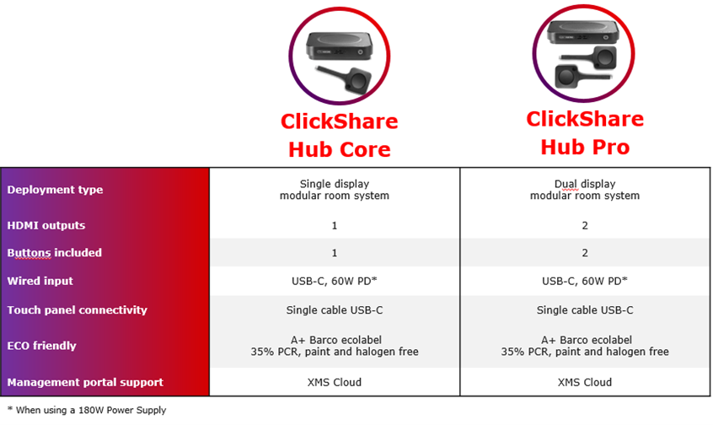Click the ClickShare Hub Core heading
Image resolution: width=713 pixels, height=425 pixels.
(339, 135)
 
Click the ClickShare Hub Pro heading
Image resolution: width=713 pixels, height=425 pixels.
(585, 133)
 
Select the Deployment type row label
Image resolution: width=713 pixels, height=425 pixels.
(55, 190)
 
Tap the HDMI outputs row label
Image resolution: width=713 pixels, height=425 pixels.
(46, 225)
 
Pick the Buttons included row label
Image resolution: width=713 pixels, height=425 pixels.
(55, 252)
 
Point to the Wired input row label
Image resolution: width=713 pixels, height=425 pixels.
(40, 281)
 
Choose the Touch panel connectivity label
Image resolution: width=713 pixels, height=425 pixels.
(78, 309)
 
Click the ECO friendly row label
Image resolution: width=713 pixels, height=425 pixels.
(42, 346)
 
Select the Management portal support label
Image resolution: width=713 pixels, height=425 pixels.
(85, 382)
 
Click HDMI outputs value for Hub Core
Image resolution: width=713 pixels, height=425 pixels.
(335, 226)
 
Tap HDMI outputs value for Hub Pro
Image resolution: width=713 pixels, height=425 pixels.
(585, 226)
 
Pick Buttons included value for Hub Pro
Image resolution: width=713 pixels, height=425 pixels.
(585, 253)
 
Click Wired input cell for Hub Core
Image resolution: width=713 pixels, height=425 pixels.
(335, 281)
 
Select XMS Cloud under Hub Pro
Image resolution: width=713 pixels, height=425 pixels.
(585, 382)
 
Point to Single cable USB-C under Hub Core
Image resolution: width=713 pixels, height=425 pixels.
(335, 309)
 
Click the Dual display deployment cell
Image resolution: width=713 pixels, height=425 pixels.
(585, 190)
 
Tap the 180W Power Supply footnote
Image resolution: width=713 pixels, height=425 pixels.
(87, 410)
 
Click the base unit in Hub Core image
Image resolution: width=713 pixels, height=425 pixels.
(339, 46)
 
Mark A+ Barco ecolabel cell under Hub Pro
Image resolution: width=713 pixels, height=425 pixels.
(585, 346)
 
